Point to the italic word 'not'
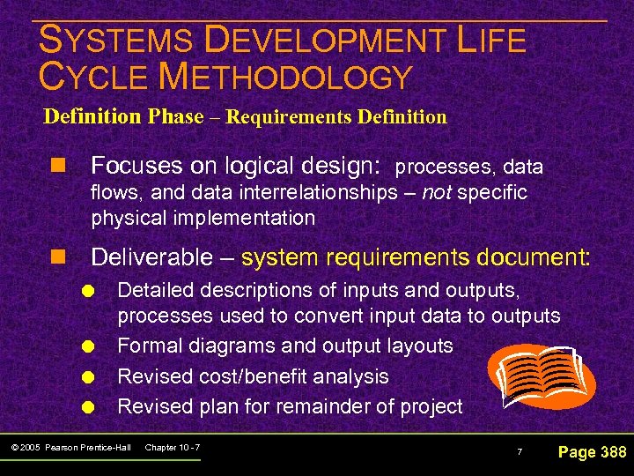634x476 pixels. (438, 192)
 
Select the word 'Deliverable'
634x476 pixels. (151, 257)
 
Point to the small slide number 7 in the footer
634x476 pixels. (520, 453)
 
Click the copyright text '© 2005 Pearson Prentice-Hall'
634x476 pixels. (73, 448)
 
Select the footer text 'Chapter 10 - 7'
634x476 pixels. (172, 448)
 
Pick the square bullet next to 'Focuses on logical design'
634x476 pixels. (59, 167)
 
